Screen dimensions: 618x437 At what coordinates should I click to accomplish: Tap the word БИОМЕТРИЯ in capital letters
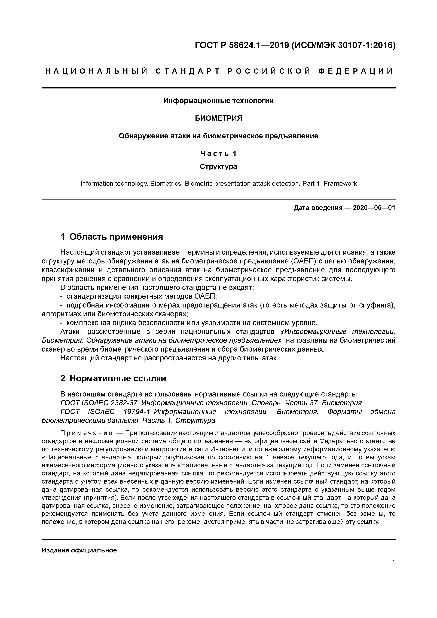point(218,118)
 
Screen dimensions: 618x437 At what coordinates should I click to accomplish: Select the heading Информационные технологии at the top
point(218,101)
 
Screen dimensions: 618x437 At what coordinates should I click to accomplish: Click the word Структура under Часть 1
point(218,167)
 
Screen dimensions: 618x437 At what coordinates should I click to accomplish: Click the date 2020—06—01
point(374,208)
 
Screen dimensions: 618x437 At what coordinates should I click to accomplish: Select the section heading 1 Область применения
point(112,237)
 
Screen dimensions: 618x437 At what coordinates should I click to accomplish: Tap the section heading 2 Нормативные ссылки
point(113,379)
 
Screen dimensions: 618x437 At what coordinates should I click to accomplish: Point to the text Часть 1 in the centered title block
point(218,153)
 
